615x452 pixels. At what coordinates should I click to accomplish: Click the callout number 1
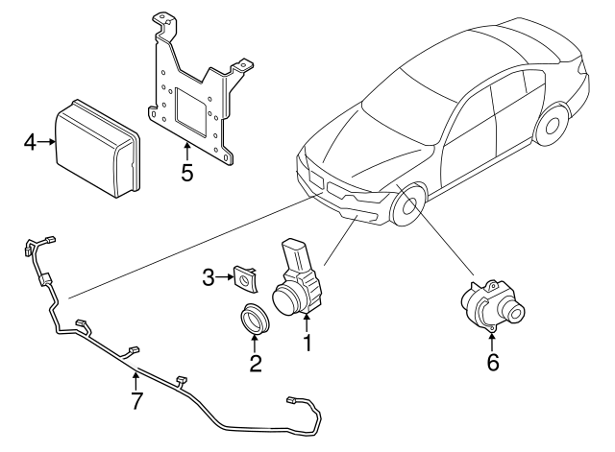pyautogui.click(x=307, y=341)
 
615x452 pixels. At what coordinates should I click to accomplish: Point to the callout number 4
pyautogui.click(x=31, y=144)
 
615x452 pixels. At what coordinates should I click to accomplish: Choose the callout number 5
pyautogui.click(x=186, y=173)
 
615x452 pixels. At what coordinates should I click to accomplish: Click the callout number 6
pyautogui.click(x=493, y=363)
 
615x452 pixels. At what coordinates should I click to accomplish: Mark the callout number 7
pyautogui.click(x=136, y=401)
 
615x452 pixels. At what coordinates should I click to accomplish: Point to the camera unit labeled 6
pyautogui.click(x=490, y=305)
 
